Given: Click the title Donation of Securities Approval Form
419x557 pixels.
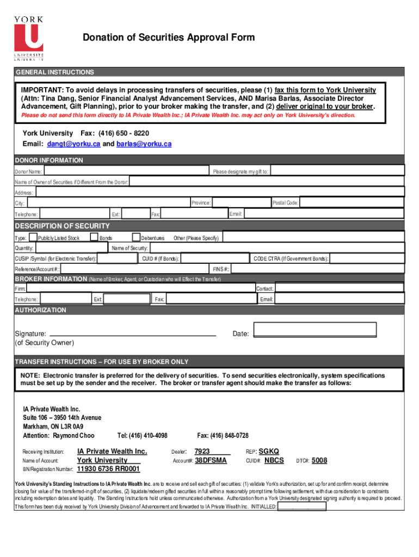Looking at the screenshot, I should [x=168, y=38].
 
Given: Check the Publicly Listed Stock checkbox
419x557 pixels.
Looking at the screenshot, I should [x=33, y=237].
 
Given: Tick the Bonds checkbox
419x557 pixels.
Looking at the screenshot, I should [x=94, y=237].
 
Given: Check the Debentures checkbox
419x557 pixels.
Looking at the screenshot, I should [x=136, y=237].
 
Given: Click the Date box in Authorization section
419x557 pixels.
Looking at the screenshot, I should [x=315, y=330].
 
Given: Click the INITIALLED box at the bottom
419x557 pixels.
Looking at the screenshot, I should [x=302, y=506].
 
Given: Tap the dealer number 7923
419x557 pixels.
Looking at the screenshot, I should [x=202, y=451].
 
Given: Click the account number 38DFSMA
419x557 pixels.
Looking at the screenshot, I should [x=211, y=461].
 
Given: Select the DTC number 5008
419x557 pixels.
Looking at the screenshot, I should [x=319, y=461].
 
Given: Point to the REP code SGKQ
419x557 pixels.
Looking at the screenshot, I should [x=269, y=451].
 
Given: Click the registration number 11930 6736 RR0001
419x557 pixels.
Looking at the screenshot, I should [x=108, y=469].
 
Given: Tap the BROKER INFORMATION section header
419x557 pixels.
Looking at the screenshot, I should [x=50, y=279].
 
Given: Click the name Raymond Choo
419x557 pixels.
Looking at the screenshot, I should [x=74, y=436].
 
